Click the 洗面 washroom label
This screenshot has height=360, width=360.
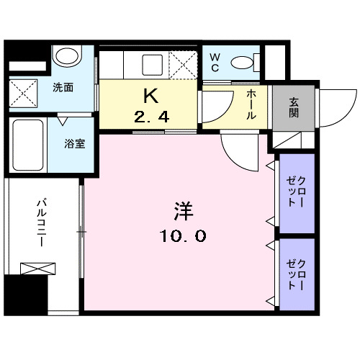click(63, 88)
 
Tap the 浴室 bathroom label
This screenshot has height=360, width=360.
click(76, 142)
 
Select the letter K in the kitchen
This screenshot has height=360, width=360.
click(150, 96)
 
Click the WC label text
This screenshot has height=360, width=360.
click(215, 63)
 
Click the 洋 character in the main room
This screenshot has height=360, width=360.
click(182, 212)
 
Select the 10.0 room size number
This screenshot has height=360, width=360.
click(182, 235)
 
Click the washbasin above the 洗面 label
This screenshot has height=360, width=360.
click(68, 57)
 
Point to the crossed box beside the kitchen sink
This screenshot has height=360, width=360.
click(184, 66)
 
